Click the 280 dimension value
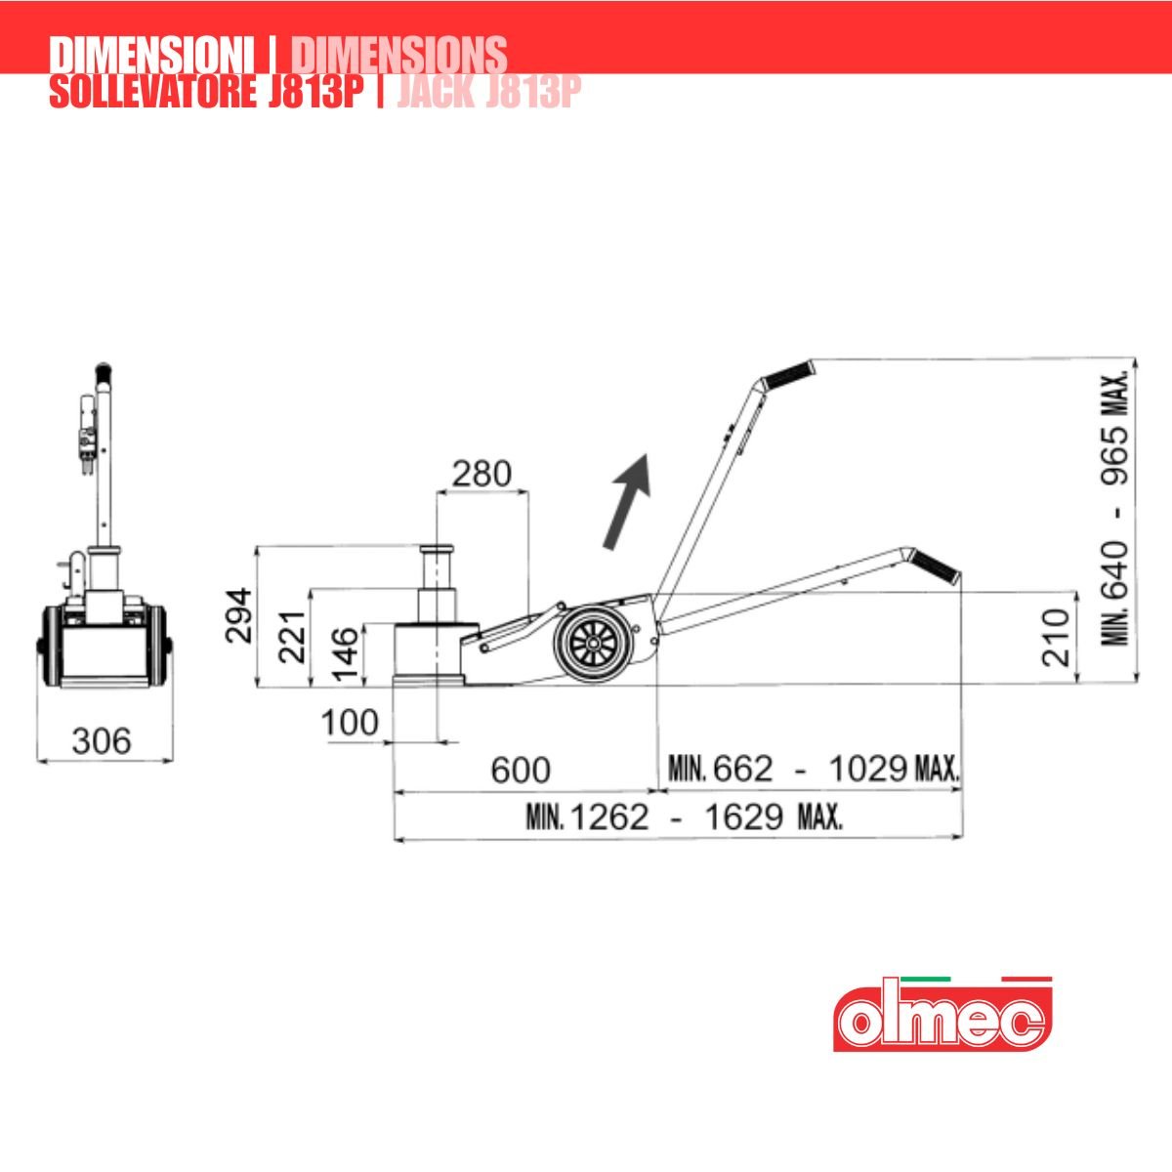click(x=481, y=474)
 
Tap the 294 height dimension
click(x=238, y=615)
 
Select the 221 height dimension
click(x=291, y=637)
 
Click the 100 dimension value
click(x=350, y=723)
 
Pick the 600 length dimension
click(x=521, y=770)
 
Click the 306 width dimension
click(x=102, y=741)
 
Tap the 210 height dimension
click(x=1055, y=638)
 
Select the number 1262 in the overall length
click(x=610, y=817)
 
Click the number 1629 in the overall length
click(x=744, y=817)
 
